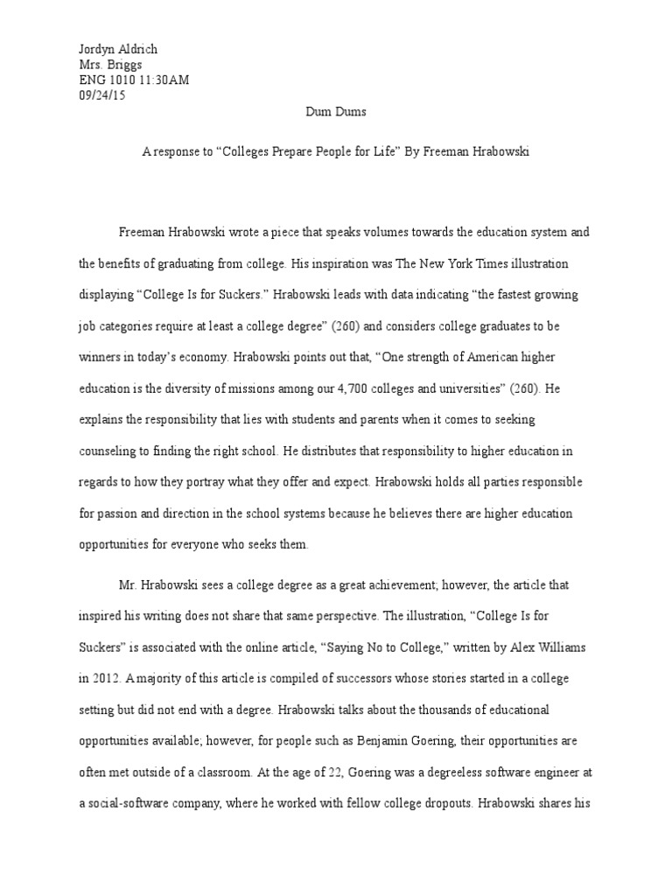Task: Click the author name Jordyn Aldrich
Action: [x=118, y=50]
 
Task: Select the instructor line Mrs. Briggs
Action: [x=108, y=65]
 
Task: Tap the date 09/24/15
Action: [x=102, y=96]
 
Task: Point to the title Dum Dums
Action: [x=336, y=113]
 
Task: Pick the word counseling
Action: [x=108, y=451]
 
